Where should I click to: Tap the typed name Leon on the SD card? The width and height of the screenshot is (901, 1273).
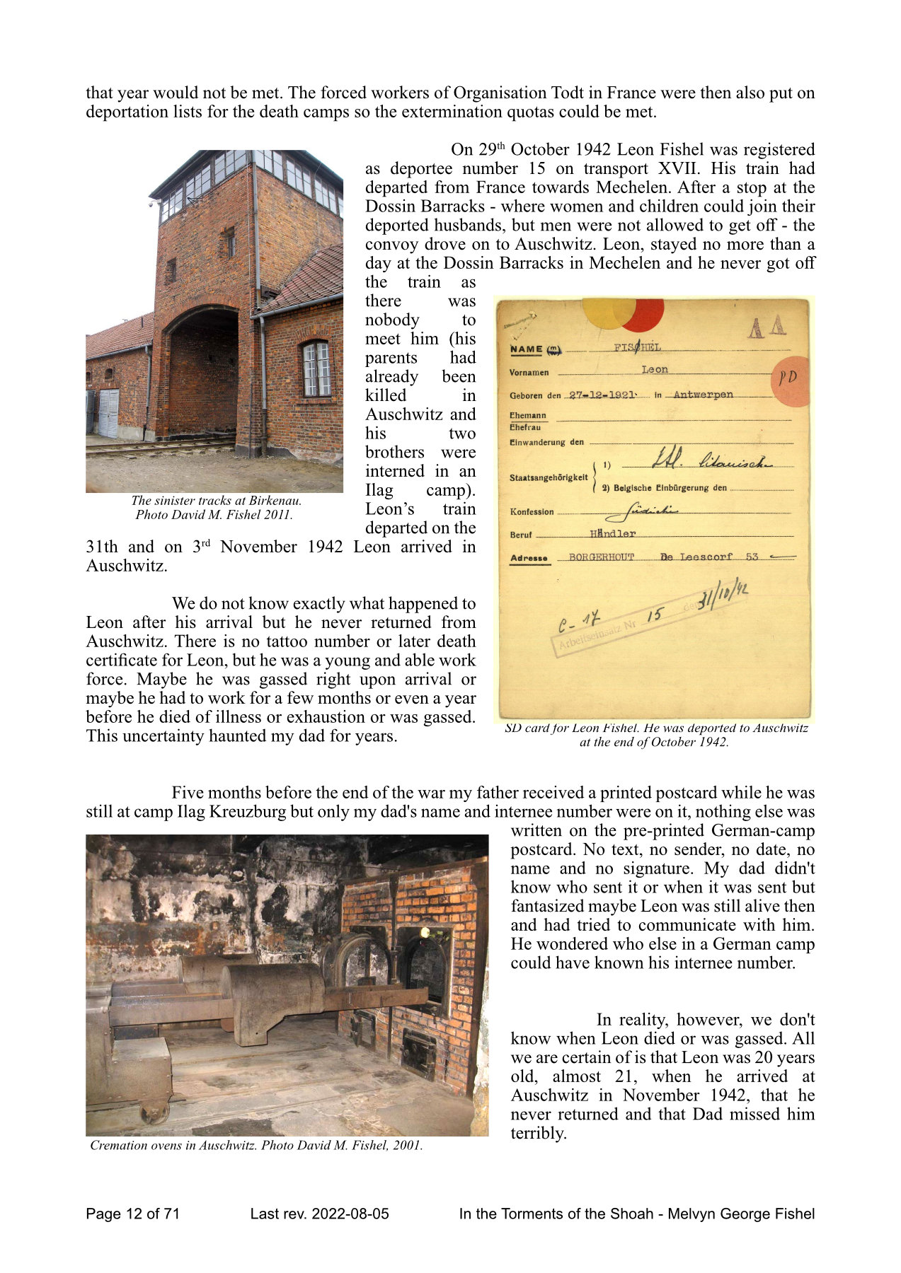pos(655,369)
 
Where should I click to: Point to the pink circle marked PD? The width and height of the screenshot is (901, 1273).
pos(790,380)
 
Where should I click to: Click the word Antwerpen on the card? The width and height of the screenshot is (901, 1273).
pos(703,395)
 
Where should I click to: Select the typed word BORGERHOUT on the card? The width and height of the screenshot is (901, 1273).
pos(602,557)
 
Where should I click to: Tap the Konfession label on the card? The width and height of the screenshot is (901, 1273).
pos(532,511)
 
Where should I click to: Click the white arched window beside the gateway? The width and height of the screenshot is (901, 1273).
pos(316,369)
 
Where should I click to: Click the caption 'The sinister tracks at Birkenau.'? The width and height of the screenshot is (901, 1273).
pos(216,501)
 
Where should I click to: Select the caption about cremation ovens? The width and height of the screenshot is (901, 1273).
pos(256,1145)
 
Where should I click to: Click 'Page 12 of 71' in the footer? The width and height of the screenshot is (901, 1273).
pos(132,1214)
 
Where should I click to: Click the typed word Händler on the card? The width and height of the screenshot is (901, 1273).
pos(613,534)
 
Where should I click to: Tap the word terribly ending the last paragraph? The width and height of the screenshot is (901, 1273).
pos(538,1134)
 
